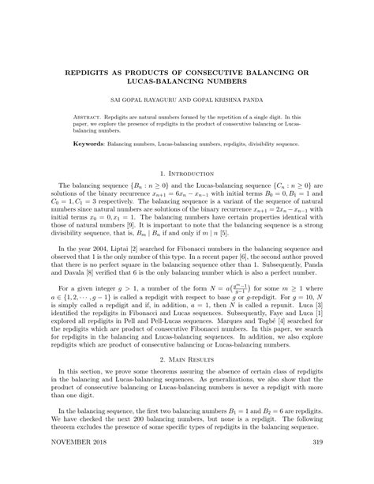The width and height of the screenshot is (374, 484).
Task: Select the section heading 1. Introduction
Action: (187, 173)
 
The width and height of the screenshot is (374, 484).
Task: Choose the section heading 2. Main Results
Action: (187, 358)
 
